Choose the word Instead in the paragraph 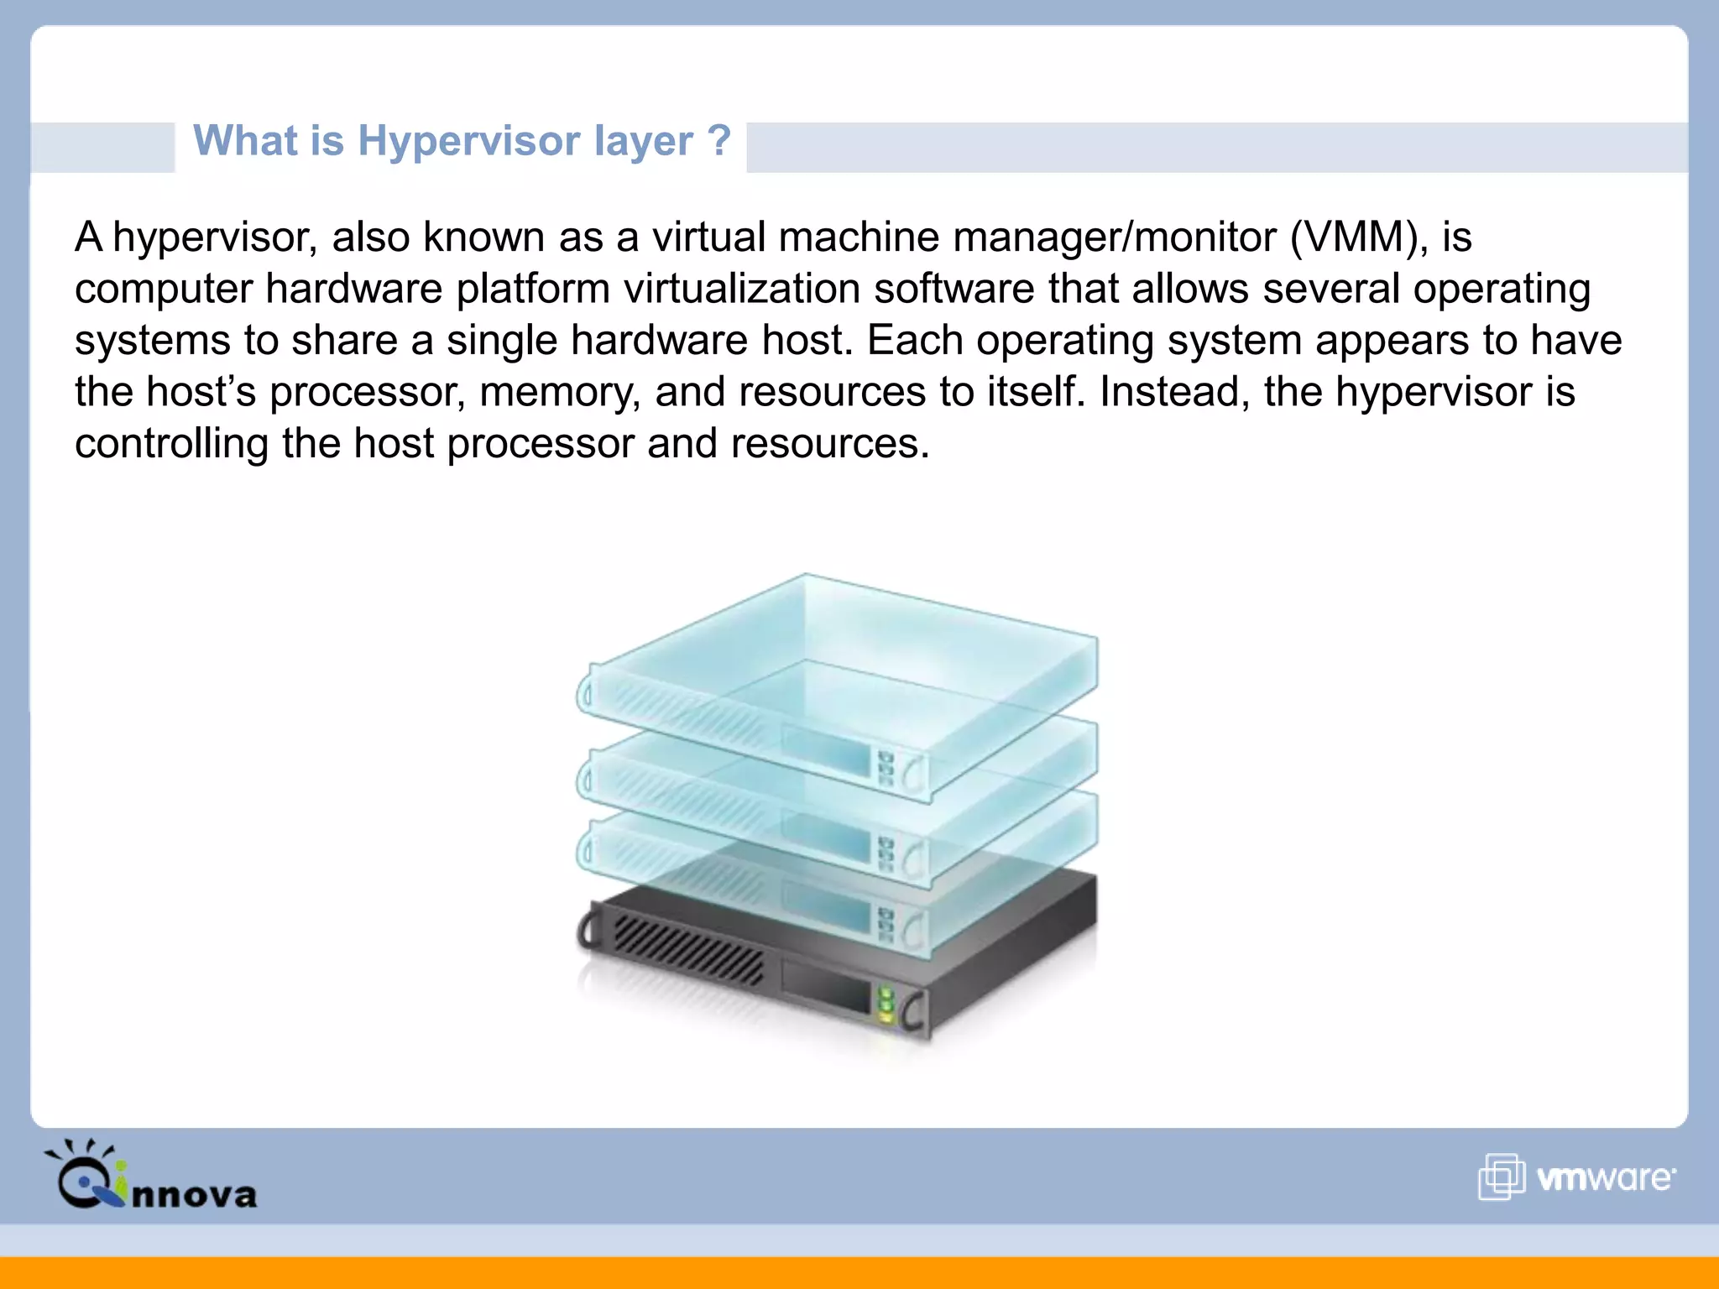coord(1174,392)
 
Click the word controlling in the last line coord(171,443)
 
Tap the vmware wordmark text coord(1605,1178)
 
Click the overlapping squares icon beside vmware coord(1501,1177)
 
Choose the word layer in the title coord(644,141)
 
